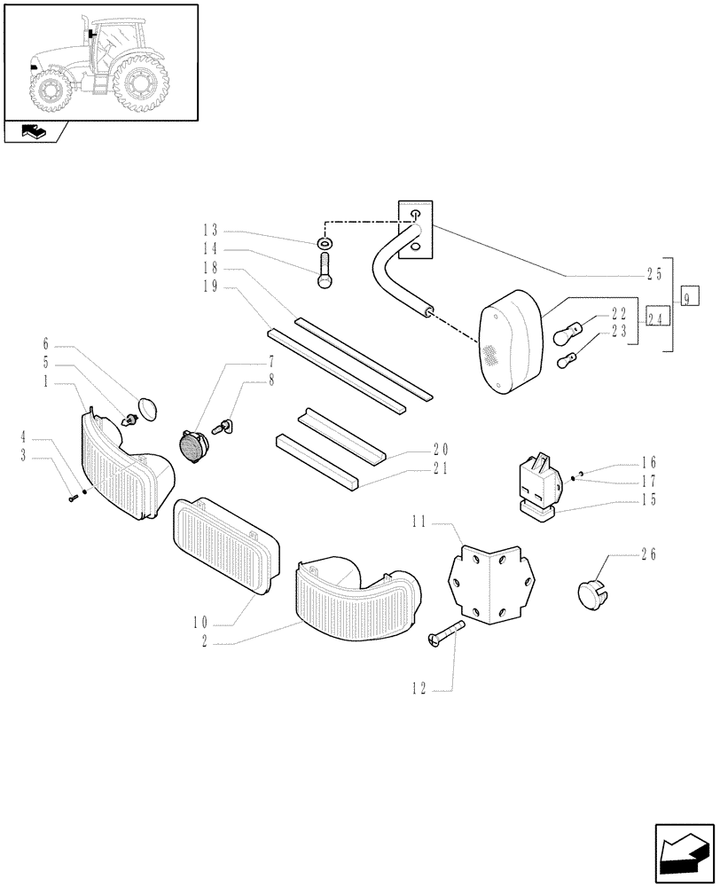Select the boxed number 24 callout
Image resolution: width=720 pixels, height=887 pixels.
(656, 317)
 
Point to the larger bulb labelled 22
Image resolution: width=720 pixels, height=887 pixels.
(567, 335)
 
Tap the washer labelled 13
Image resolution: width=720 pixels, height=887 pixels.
(325, 242)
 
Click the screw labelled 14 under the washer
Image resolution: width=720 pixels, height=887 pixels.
(325, 270)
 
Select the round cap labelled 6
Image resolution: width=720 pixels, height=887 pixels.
(147, 409)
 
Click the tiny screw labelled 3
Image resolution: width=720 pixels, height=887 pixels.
(72, 499)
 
